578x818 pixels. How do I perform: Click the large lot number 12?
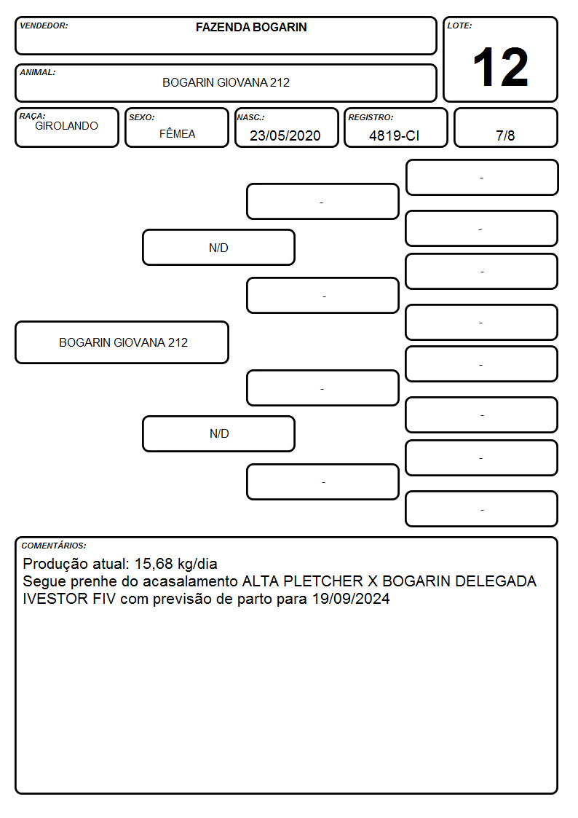pyautogui.click(x=500, y=67)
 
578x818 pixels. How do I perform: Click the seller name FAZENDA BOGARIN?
pyautogui.click(x=251, y=27)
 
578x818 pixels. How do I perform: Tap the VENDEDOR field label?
pyautogui.click(x=44, y=25)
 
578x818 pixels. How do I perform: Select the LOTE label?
pyautogui.click(x=459, y=25)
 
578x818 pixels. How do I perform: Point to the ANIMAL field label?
pyautogui.click(x=38, y=73)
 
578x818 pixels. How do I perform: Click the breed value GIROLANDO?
pyautogui.click(x=67, y=126)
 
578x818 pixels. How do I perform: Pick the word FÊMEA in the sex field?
pyautogui.click(x=177, y=134)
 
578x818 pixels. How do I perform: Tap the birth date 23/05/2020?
pyautogui.click(x=285, y=135)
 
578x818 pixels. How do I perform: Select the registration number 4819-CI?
pyautogui.click(x=394, y=135)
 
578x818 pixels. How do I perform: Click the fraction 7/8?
pyautogui.click(x=505, y=135)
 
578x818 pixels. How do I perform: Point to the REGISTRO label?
pyautogui.click(x=371, y=118)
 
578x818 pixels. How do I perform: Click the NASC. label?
pyautogui.click(x=250, y=118)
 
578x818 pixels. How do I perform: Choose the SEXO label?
pyautogui.click(x=142, y=118)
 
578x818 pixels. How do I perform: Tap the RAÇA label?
pyautogui.click(x=32, y=116)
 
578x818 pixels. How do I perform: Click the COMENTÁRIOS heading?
pyautogui.click(x=54, y=546)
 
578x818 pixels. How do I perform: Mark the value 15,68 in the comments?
pyautogui.click(x=154, y=564)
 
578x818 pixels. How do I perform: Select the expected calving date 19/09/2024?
pyautogui.click(x=351, y=599)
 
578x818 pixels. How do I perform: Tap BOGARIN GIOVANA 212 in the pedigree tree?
pyautogui.click(x=123, y=343)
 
